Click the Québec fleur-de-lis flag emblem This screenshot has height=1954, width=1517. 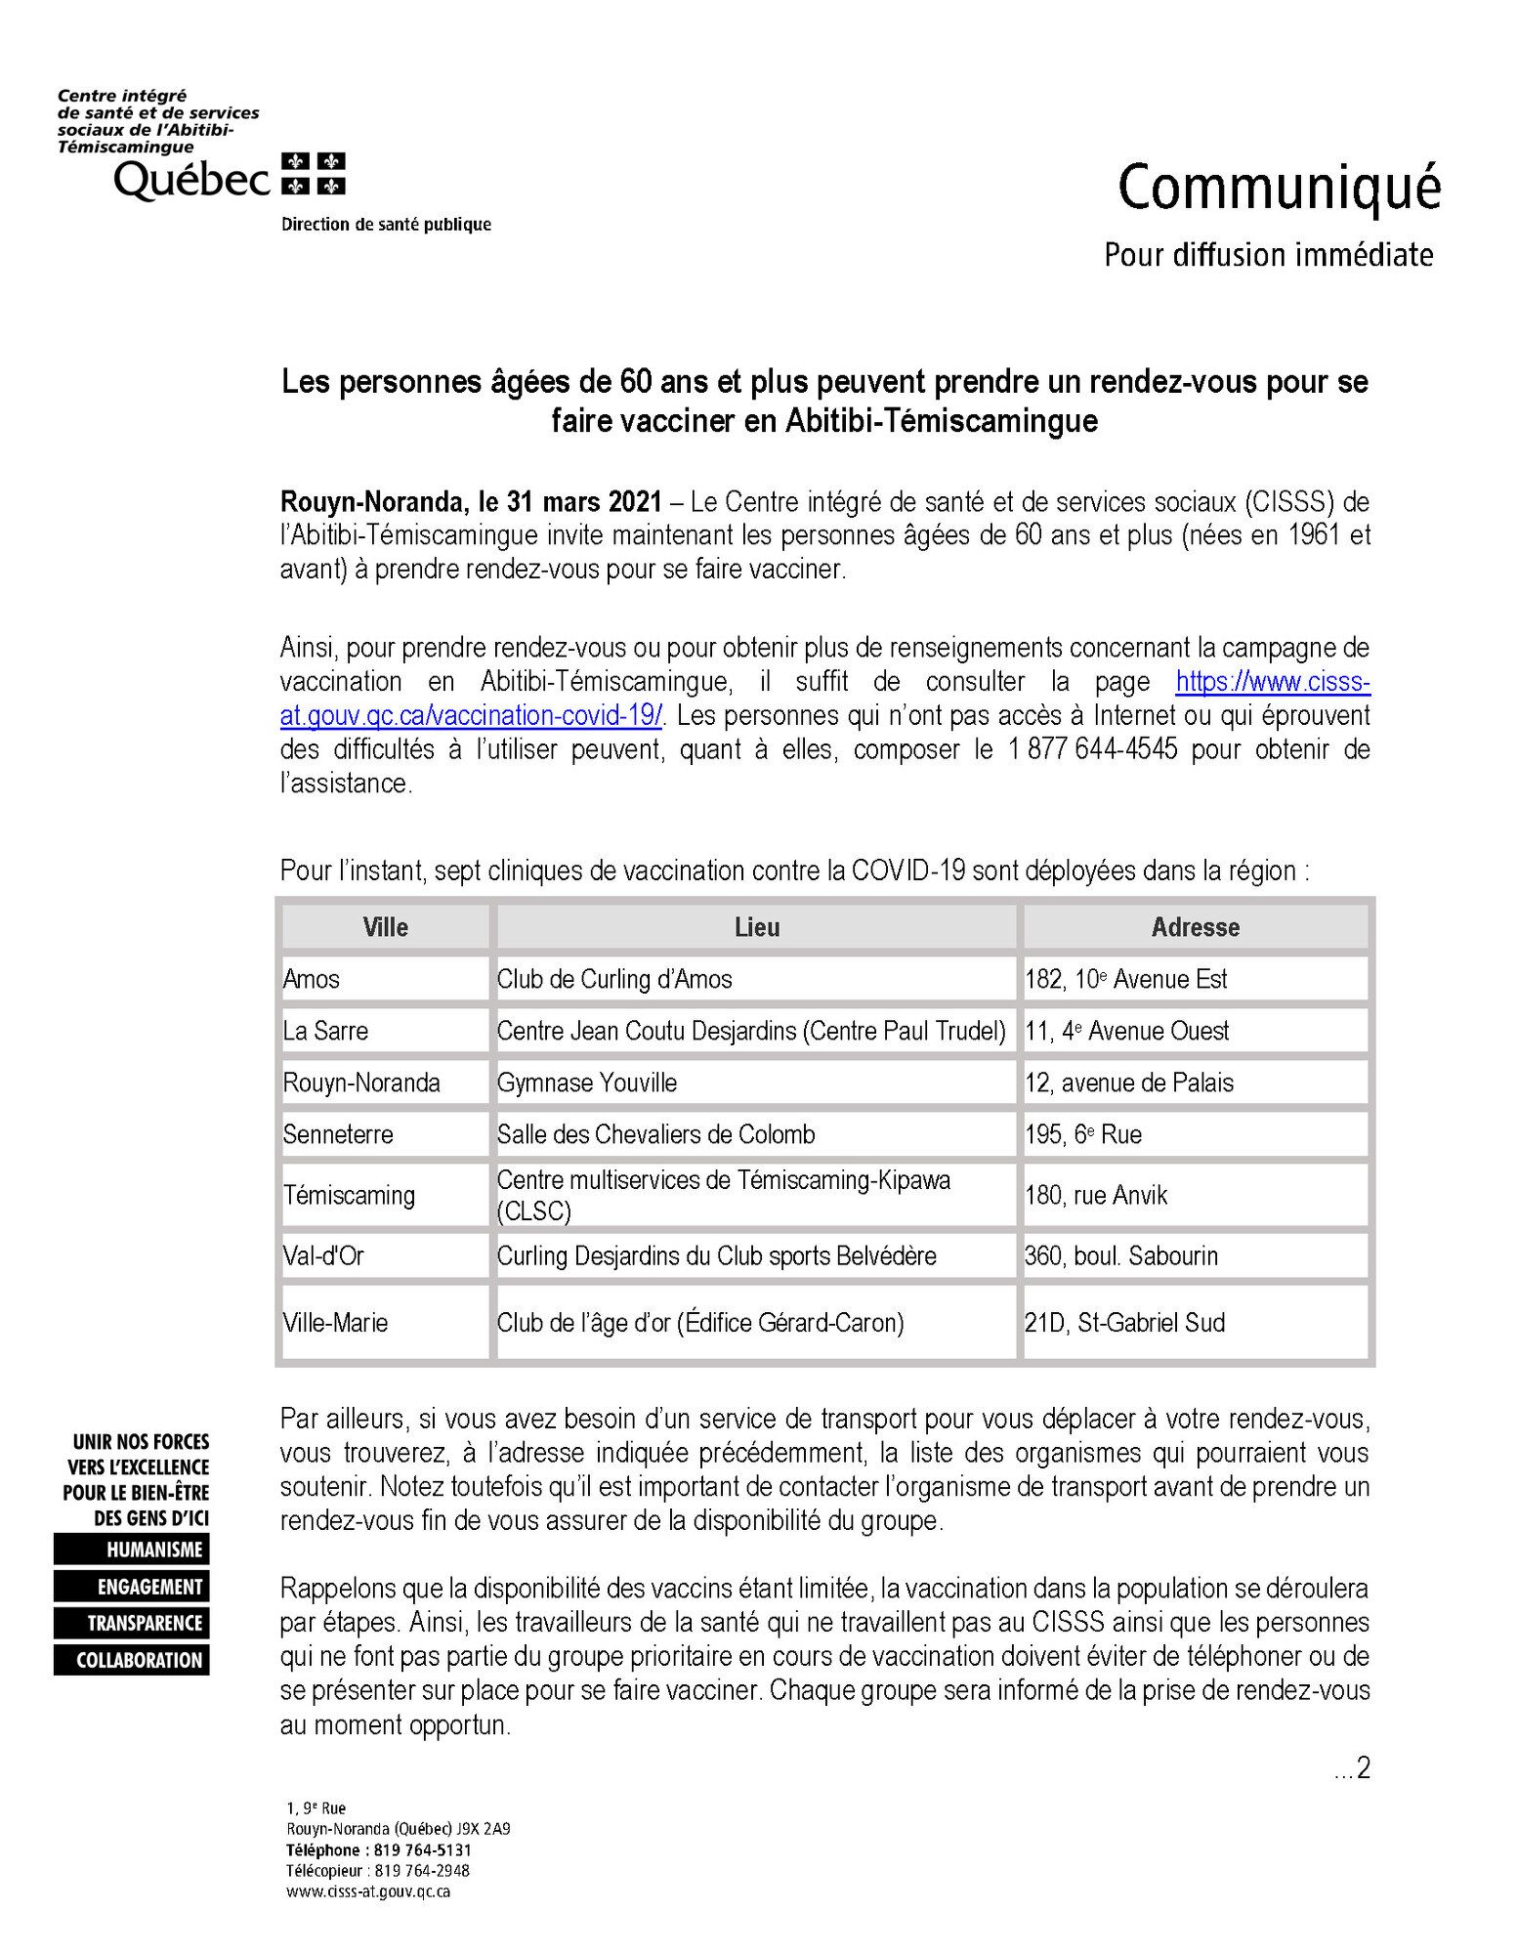point(314,174)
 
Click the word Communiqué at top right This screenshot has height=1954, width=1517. point(1279,188)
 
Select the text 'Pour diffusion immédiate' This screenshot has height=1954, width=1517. point(1268,255)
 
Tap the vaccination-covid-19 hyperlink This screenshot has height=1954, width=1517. point(471,715)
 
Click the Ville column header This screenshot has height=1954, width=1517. point(385,927)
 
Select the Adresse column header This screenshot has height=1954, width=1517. point(1195,927)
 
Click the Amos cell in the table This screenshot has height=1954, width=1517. point(312,979)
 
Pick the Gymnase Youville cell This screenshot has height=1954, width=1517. point(587,1083)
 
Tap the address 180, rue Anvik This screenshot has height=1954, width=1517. point(1096,1195)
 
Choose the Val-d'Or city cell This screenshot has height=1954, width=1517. point(323,1255)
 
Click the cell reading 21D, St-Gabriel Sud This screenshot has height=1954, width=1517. point(1124,1323)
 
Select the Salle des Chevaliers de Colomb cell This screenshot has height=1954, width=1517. point(655,1134)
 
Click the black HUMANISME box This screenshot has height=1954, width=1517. point(133,1550)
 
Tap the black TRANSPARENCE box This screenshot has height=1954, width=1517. point(133,1623)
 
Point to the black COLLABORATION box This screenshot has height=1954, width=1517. point(133,1660)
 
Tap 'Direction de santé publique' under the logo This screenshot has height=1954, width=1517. point(386,225)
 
